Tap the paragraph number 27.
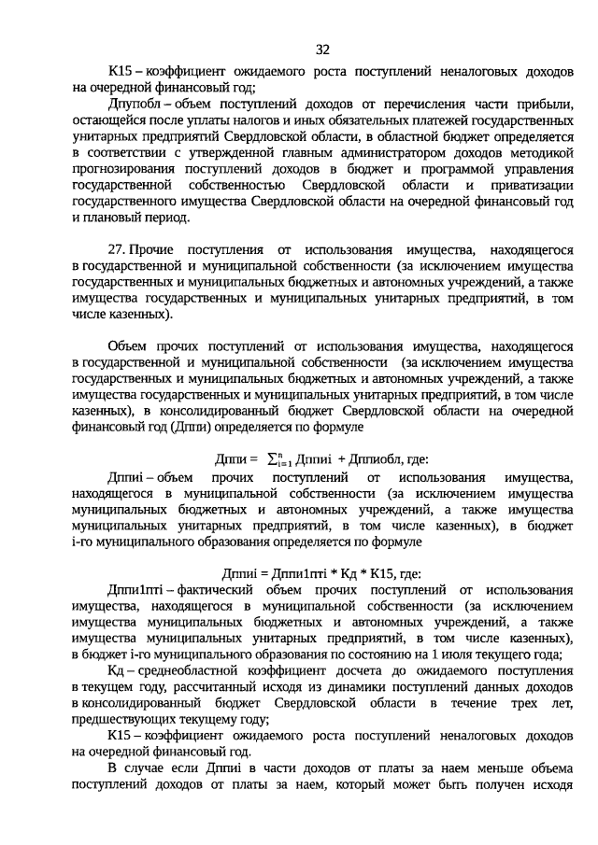click(117, 250)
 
